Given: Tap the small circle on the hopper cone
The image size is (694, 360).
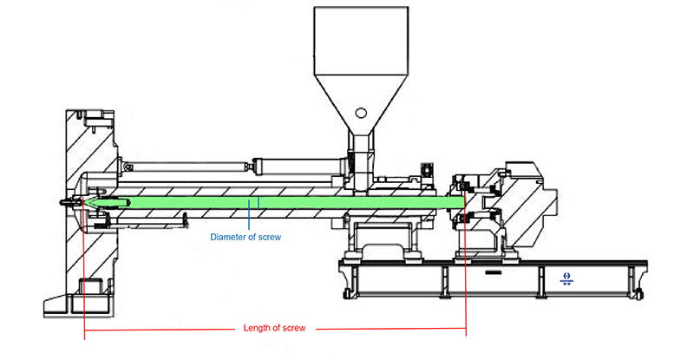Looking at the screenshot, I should [x=359, y=114].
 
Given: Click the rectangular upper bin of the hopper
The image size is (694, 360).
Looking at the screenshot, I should [x=360, y=39].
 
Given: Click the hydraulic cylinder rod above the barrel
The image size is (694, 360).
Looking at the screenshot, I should [x=286, y=162].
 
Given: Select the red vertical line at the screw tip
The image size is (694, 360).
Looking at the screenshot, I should [x=84, y=278].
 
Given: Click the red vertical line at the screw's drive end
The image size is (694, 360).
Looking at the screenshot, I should [x=467, y=278].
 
